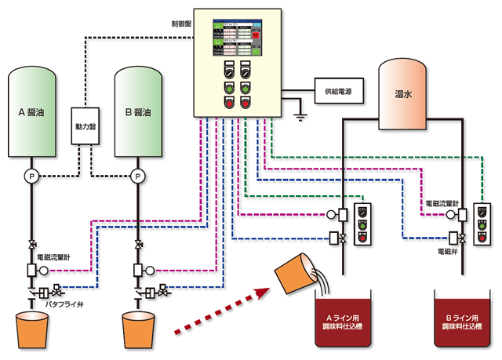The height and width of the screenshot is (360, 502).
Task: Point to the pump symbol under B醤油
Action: tap(139, 176)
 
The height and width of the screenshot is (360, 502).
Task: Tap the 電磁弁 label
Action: tap(449, 253)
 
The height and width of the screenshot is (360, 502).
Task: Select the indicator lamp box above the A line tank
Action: tap(363, 224)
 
